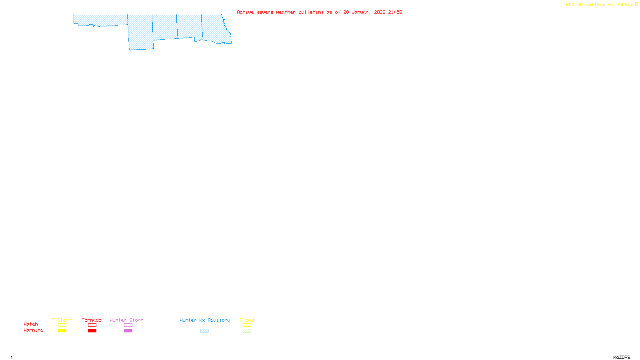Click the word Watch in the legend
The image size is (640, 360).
31,324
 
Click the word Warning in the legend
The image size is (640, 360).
33,330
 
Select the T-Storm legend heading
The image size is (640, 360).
62,320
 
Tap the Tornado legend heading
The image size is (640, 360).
92,320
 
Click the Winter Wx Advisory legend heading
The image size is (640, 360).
205,320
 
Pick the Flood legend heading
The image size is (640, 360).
247,320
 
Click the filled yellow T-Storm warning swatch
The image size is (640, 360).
62,331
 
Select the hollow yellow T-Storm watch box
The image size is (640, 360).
62,325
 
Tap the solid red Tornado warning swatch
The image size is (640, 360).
92,331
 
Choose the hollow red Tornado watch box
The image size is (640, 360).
92,325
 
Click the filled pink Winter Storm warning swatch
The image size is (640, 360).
128,331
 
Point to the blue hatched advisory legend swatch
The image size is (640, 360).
204,331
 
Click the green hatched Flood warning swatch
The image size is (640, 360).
247,331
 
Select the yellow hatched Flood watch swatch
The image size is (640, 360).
247,325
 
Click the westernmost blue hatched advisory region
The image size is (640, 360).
100,20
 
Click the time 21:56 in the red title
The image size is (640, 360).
395,12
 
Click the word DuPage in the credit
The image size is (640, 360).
624,5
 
